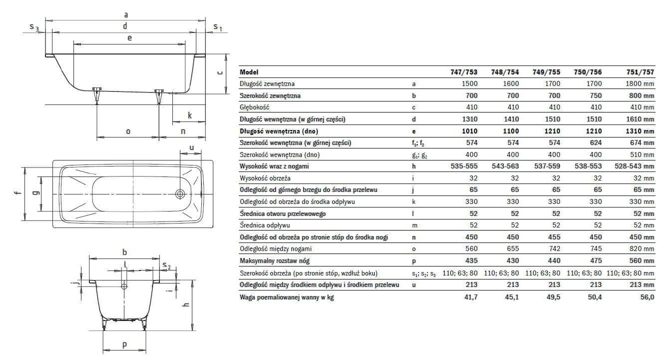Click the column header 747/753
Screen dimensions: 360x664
464,72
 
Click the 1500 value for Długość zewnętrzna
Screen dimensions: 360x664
469,84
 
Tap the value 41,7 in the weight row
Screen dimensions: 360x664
470,297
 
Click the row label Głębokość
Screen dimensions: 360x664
255,107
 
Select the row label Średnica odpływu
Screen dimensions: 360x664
265,225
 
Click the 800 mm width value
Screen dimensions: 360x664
641,95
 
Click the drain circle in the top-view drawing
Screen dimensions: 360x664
180,193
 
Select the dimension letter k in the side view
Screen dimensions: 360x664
190,115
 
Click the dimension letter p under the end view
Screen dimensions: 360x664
124,344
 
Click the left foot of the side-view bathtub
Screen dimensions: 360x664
97,95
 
